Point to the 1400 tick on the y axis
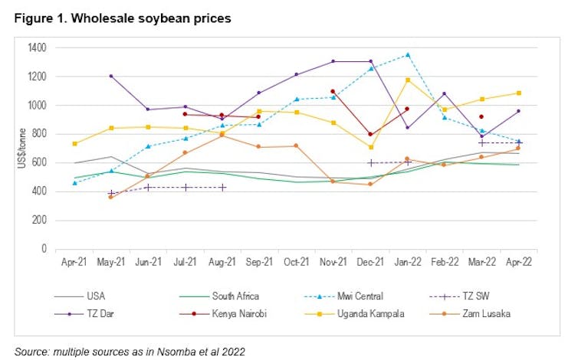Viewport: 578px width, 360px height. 37,48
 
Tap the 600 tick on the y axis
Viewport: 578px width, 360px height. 39,162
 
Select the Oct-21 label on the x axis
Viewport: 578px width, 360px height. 297,261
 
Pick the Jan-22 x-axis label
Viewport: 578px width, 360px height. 407,261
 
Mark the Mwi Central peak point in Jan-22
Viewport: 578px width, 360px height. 407,54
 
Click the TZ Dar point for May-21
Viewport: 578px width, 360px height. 111,76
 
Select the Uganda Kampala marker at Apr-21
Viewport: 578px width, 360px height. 74,143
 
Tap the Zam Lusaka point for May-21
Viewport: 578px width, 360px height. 111,197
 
